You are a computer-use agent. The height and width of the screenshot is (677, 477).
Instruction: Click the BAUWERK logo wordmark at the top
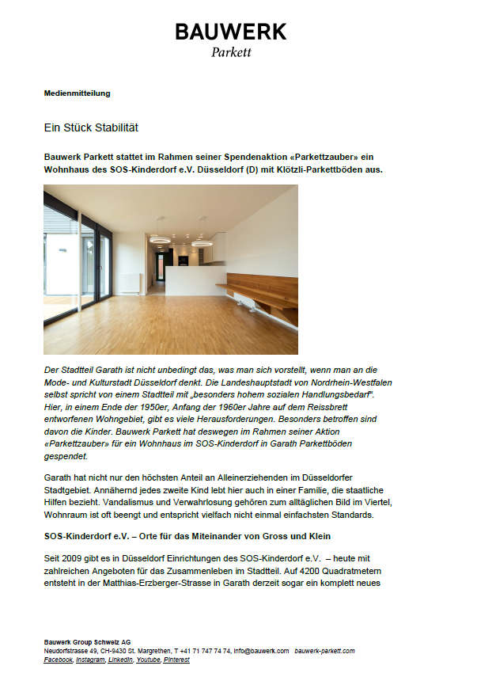pyautogui.click(x=231, y=32)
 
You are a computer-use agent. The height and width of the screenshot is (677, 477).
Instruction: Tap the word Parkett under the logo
pyautogui.click(x=231, y=53)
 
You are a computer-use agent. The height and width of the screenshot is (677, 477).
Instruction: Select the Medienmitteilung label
pyautogui.click(x=77, y=93)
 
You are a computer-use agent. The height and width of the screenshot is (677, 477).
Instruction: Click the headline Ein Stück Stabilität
pyautogui.click(x=91, y=127)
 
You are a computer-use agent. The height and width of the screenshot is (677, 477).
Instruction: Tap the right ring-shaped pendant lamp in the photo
pyautogui.click(x=202, y=243)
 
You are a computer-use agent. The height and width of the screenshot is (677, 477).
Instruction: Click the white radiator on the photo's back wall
pyautogui.click(x=128, y=282)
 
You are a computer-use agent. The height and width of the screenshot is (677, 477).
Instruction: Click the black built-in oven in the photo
pyautogui.click(x=183, y=261)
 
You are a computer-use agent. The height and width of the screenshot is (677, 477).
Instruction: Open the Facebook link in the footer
pyautogui.click(x=58, y=660)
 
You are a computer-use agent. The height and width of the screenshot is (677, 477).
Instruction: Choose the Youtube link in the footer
pyautogui.click(x=147, y=660)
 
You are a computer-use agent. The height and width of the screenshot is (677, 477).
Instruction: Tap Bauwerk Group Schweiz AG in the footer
pyautogui.click(x=87, y=642)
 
